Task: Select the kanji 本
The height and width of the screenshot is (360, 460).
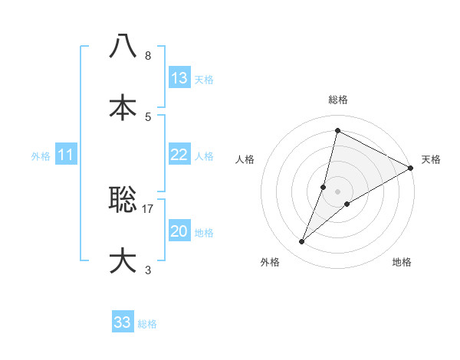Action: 123,107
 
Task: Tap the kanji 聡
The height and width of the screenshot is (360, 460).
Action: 123,201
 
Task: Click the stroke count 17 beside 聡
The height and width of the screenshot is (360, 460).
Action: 149,208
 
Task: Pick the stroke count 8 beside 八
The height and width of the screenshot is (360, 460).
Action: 148,56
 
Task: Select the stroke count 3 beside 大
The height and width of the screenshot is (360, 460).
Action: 148,270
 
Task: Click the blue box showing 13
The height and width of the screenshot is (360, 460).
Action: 179,78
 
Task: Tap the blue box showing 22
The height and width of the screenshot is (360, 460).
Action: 179,155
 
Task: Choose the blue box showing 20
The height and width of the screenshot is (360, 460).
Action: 179,231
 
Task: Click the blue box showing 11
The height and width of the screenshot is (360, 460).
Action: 66,155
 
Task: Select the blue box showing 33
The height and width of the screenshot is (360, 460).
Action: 123,322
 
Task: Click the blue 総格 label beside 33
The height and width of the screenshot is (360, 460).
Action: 147,324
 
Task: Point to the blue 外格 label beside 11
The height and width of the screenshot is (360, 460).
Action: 41,156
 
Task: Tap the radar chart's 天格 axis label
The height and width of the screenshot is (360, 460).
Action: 431,159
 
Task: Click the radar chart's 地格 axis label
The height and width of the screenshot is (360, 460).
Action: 402,262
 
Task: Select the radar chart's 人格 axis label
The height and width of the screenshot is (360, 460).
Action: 245,159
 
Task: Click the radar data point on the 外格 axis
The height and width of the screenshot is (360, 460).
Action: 302,242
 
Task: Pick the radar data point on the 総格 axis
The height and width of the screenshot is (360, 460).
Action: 337,130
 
